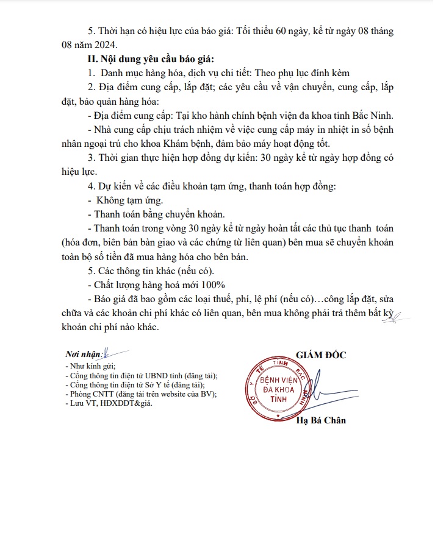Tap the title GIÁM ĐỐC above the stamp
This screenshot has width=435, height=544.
tap(320, 355)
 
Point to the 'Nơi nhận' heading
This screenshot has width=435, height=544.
tap(84, 355)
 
